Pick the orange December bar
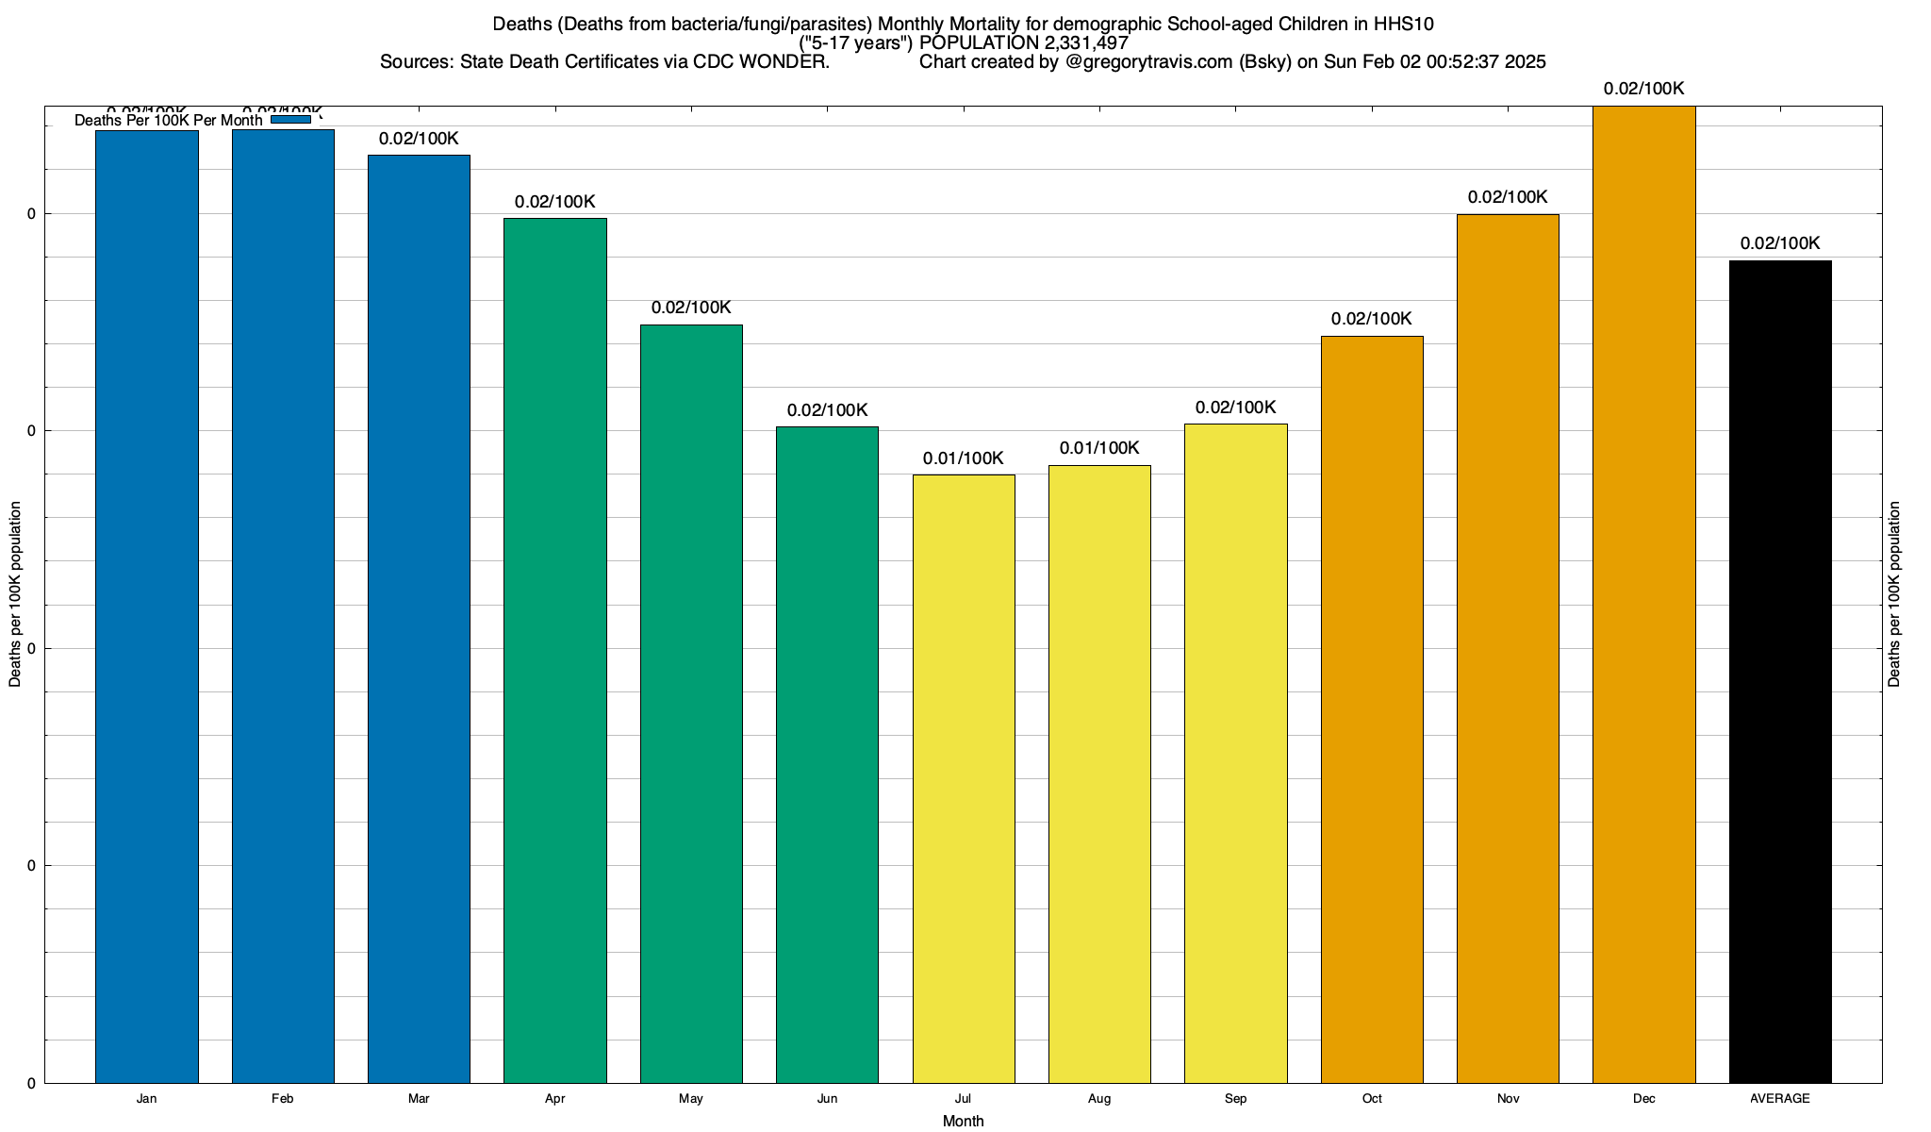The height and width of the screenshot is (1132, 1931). [x=1644, y=594]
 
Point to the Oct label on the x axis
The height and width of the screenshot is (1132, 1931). [x=1372, y=1099]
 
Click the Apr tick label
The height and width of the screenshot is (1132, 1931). [x=555, y=1099]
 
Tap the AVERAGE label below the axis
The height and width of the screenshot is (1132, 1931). [x=1780, y=1099]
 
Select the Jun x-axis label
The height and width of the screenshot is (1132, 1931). [x=827, y=1099]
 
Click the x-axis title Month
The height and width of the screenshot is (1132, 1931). [x=963, y=1121]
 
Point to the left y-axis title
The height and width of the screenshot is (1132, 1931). [x=15, y=594]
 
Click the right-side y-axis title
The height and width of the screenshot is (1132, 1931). [x=1895, y=594]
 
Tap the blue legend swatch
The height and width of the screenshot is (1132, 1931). [x=290, y=120]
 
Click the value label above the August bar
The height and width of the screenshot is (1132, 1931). [x=1099, y=448]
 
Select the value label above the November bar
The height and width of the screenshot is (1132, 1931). [x=1508, y=197]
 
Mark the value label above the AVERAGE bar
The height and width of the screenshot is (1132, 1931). [x=1780, y=243]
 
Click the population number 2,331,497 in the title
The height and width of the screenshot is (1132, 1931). [x=1086, y=43]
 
